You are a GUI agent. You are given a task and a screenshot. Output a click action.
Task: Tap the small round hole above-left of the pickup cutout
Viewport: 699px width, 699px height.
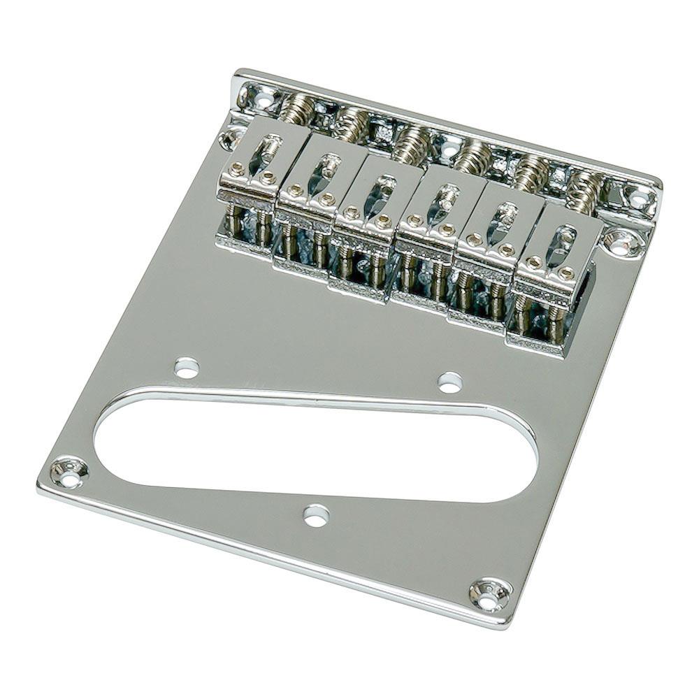click(x=187, y=367)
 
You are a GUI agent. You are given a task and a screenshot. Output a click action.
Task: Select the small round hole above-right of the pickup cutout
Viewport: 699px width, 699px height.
click(x=449, y=382)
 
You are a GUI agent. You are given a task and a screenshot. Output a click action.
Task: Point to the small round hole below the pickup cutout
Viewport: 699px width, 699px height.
click(x=316, y=515)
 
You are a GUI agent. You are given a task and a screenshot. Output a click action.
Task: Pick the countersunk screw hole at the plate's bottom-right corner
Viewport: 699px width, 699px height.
click(x=489, y=594)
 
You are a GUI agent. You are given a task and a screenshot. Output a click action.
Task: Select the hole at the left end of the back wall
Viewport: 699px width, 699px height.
click(x=261, y=98)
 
